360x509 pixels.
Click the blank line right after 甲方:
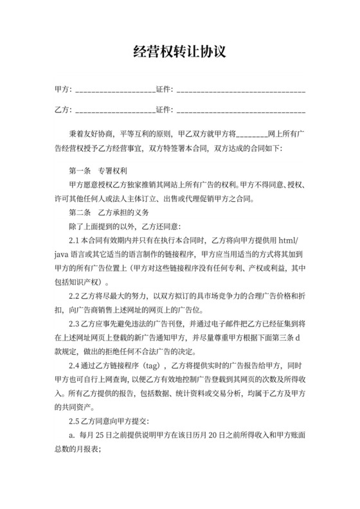point(115,89)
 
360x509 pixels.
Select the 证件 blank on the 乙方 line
point(241,109)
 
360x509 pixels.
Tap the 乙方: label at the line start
point(64,109)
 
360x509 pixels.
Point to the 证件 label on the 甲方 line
point(163,89)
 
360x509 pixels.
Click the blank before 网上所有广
point(252,135)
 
